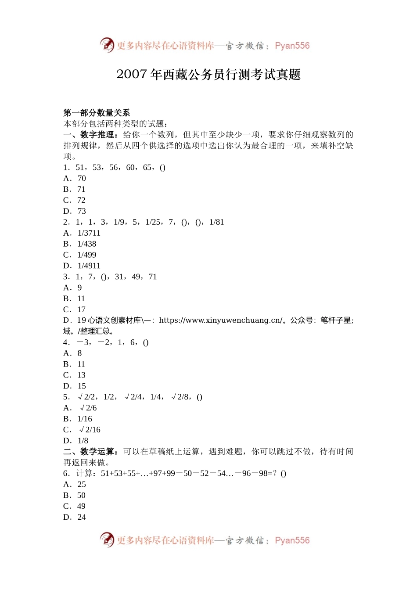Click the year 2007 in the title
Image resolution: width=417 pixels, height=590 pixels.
tap(131, 75)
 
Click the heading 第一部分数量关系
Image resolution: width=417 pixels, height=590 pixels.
tap(97, 113)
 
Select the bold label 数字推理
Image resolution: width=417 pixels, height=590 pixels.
tap(99, 135)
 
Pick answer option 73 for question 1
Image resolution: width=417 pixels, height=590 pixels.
tap(82, 211)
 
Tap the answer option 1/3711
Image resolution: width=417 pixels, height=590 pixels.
tap(89, 233)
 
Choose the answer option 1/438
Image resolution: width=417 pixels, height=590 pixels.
tap(86, 244)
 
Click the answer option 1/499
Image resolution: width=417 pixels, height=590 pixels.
tap(86, 255)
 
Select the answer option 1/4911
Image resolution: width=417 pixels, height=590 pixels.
tap(89, 266)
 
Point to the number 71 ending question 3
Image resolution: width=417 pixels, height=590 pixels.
tap(152, 277)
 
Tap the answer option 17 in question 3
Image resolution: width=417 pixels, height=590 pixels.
tap(81, 309)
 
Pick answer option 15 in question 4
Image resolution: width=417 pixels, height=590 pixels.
tap(82, 386)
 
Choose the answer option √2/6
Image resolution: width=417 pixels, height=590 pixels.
tap(88, 408)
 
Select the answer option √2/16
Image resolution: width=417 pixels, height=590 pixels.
tap(90, 430)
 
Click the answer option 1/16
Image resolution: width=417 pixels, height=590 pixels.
tap(85, 419)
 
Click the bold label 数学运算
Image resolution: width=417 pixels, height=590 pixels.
tap(99, 452)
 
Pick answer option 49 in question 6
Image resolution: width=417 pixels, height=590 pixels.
tap(81, 506)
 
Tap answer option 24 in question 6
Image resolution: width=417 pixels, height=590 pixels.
tap(82, 517)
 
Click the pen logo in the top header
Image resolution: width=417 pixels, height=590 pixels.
tap(107, 45)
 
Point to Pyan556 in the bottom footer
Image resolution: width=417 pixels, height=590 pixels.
tap(292, 540)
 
